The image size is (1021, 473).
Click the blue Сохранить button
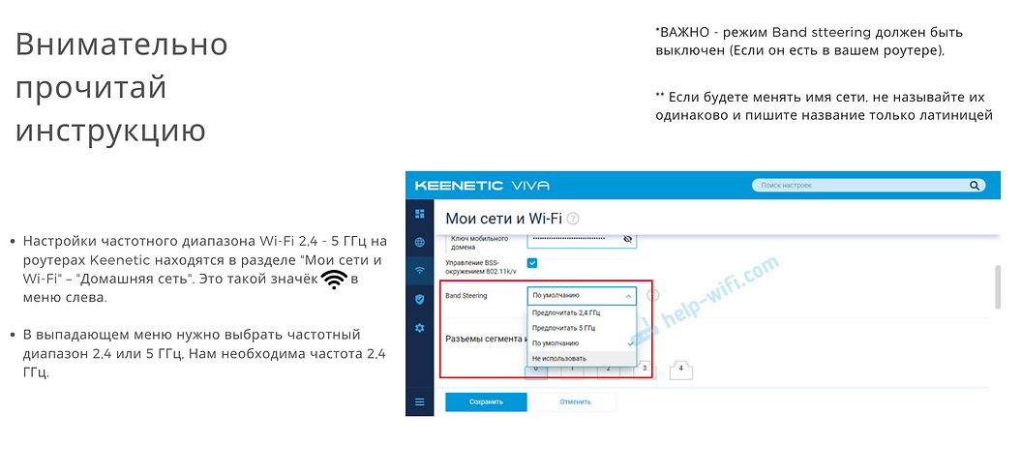[486, 401]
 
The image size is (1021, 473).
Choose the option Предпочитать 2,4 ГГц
[565, 312]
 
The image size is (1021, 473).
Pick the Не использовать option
[559, 359]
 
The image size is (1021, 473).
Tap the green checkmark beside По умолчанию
[630, 343]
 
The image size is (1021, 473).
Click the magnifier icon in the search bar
[978, 185]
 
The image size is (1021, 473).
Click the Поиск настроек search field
[861, 185]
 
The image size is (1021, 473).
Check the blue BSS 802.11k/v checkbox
[532, 263]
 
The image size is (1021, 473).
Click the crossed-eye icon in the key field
[627, 238]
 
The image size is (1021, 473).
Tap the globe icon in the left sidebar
[419, 242]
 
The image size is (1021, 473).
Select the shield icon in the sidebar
[419, 299]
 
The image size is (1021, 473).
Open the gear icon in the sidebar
[419, 328]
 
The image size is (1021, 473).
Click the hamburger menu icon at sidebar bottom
[419, 401]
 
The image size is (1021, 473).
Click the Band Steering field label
[466, 295]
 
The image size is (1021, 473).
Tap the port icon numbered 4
[681, 369]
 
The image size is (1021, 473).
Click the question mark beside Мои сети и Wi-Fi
[573, 220]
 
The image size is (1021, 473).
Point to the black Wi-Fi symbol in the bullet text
[335, 280]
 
